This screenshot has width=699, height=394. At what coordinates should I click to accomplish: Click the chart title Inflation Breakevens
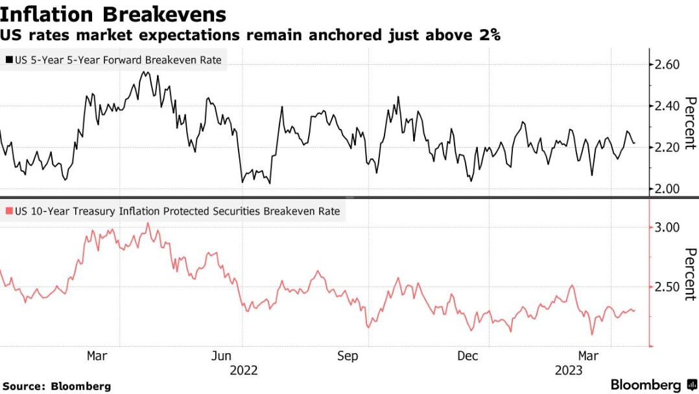pyautogui.click(x=113, y=14)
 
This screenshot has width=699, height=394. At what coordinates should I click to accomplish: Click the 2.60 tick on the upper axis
pyautogui.click(x=664, y=65)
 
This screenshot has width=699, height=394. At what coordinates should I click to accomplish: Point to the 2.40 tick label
pyautogui.click(x=664, y=106)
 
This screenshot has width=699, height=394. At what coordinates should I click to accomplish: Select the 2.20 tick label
pyautogui.click(x=664, y=147)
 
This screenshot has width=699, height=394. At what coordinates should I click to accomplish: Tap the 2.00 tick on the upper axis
pyautogui.click(x=664, y=189)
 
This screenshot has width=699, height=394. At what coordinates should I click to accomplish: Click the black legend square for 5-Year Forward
pyautogui.click(x=9, y=60)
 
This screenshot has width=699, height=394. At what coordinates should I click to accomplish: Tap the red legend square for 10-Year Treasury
pyautogui.click(x=9, y=211)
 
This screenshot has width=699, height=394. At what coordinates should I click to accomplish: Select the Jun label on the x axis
pyautogui.click(x=222, y=356)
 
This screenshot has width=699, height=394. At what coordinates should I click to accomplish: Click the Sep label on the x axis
pyautogui.click(x=348, y=356)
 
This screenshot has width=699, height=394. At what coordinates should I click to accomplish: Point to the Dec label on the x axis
pyautogui.click(x=468, y=356)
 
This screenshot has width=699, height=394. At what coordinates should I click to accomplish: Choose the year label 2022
pyautogui.click(x=243, y=371)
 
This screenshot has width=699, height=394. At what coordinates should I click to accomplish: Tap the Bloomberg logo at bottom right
pyautogui.click(x=651, y=385)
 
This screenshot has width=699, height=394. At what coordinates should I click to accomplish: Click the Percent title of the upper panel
pyautogui.click(x=690, y=123)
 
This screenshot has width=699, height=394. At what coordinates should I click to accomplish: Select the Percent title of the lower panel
pyautogui.click(x=690, y=274)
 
